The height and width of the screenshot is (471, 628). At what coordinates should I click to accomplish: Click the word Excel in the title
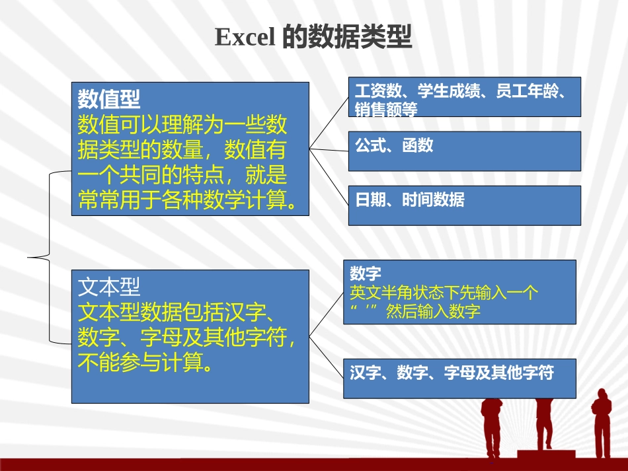pyautogui.click(x=245, y=38)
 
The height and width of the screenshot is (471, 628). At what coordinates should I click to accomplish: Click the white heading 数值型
pyautogui.click(x=109, y=99)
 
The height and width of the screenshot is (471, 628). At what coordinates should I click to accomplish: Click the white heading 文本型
pyautogui.click(x=109, y=286)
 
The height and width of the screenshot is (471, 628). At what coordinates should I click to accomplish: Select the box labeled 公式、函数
pyautogui.click(x=464, y=151)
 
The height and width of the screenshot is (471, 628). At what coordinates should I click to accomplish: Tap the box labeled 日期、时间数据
pyautogui.click(x=464, y=205)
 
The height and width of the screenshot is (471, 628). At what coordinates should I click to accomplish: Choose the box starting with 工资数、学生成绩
pyautogui.click(x=464, y=97)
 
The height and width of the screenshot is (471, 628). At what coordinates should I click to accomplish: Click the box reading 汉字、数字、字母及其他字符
pyautogui.click(x=459, y=378)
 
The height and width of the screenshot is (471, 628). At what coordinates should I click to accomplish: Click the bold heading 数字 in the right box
pyautogui.click(x=366, y=273)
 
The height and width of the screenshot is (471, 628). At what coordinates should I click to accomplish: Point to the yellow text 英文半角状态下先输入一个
pyautogui.click(x=444, y=293)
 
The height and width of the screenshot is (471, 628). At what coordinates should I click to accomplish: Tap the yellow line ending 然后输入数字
pyautogui.click(x=415, y=312)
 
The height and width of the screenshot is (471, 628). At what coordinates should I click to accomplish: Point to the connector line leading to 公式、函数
pyautogui.click(x=329, y=150)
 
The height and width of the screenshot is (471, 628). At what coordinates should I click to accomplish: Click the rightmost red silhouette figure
pyautogui.click(x=601, y=423)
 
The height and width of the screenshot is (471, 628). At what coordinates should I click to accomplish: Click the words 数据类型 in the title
pyautogui.click(x=347, y=38)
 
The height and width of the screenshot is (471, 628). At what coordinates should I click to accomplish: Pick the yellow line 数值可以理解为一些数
pyautogui.click(x=182, y=124)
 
